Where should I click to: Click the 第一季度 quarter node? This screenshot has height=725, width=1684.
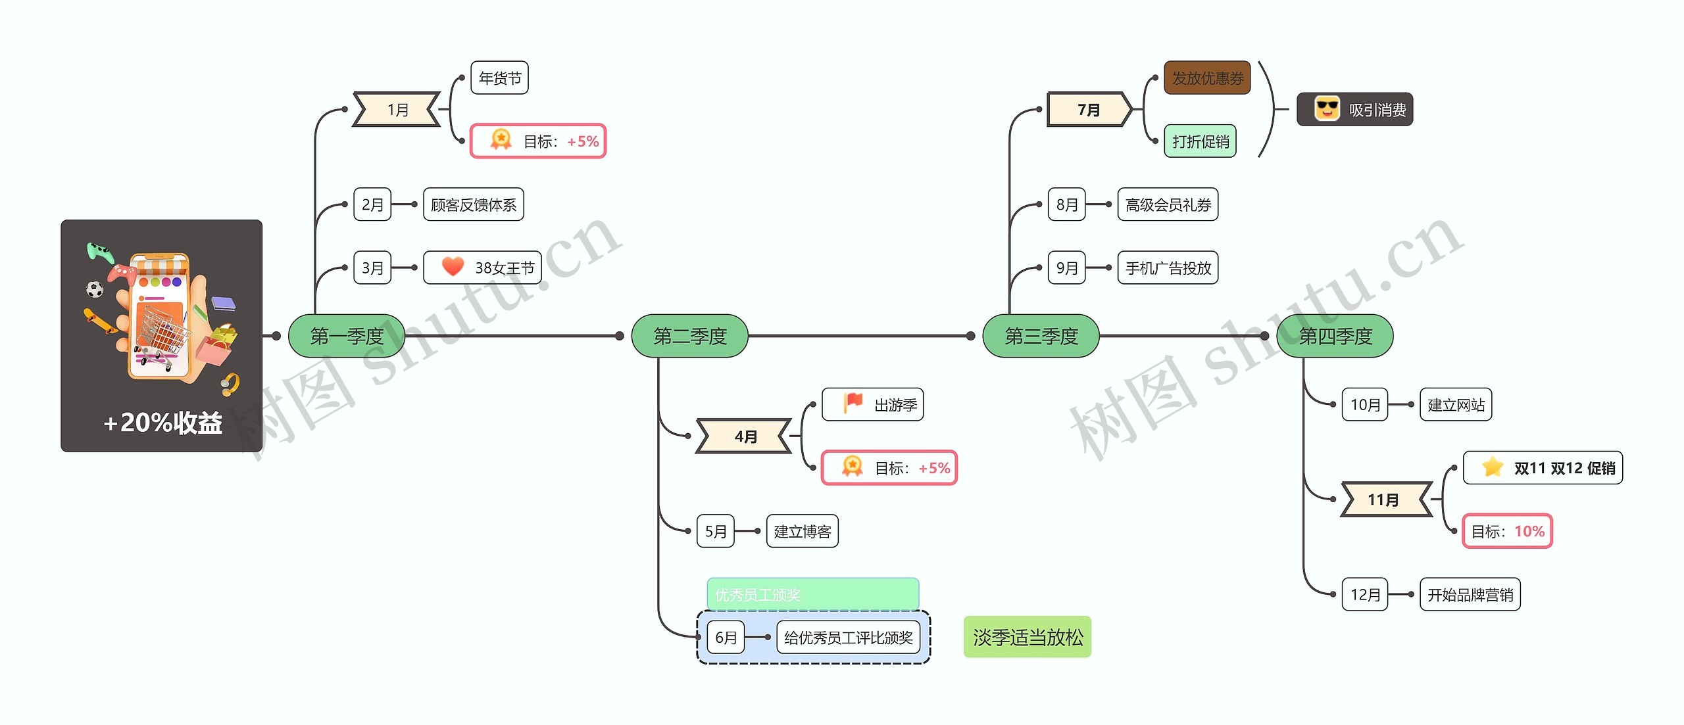(347, 336)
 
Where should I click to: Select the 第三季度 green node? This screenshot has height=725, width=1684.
(1041, 336)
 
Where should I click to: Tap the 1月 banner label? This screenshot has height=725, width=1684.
(397, 110)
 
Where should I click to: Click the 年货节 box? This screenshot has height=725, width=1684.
(499, 78)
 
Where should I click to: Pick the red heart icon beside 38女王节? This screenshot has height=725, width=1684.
(453, 267)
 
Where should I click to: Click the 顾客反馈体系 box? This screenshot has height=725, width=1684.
(473, 205)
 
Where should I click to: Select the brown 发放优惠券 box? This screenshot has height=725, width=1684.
(1207, 78)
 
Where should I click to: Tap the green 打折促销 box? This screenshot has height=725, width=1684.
(1200, 141)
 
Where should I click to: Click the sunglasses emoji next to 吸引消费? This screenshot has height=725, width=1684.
(1327, 108)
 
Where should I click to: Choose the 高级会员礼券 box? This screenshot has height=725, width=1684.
(1168, 205)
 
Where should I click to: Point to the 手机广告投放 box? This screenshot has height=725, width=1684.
(1168, 268)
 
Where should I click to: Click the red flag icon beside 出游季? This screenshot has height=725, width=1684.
(853, 402)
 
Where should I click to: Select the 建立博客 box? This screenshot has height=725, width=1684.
(802, 531)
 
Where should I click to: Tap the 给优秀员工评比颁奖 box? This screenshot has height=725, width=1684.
(848, 638)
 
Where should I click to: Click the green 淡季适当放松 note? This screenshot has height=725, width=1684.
(1027, 637)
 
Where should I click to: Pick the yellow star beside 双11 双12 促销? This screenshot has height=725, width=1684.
(1493, 467)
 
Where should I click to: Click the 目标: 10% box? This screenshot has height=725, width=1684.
(1507, 531)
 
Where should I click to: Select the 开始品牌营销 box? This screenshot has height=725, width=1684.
(1470, 595)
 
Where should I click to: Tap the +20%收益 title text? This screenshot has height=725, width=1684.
(162, 423)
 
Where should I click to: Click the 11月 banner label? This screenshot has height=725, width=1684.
(1384, 500)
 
